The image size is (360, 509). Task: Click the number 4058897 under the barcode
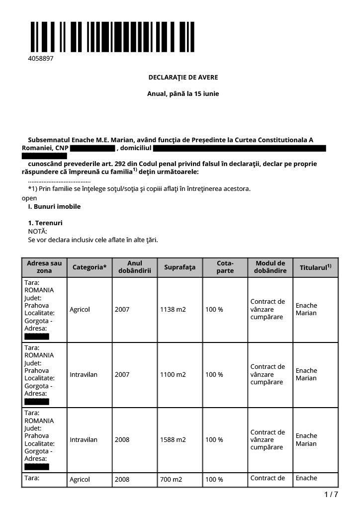pos(40,59)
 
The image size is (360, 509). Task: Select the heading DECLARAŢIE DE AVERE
pos(183,78)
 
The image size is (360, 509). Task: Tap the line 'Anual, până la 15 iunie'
pos(183,93)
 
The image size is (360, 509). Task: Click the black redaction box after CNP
pos(92,148)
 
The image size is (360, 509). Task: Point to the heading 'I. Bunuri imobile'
pos(54,206)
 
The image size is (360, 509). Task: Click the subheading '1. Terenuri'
pos(45,223)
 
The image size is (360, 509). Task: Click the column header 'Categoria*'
pos(90,267)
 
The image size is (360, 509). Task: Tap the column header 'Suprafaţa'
pos(180,267)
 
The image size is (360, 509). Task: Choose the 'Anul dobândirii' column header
pos(135,267)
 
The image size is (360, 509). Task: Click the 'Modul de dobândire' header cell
pos(270,267)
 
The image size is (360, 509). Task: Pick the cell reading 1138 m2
pos(173,310)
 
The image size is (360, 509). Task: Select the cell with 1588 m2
pos(173,440)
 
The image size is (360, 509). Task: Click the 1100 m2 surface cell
pos(173,375)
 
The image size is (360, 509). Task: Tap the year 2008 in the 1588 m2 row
pos(122,440)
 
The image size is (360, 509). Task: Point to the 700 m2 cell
pos(170,480)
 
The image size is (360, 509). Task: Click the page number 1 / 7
pos(331,495)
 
